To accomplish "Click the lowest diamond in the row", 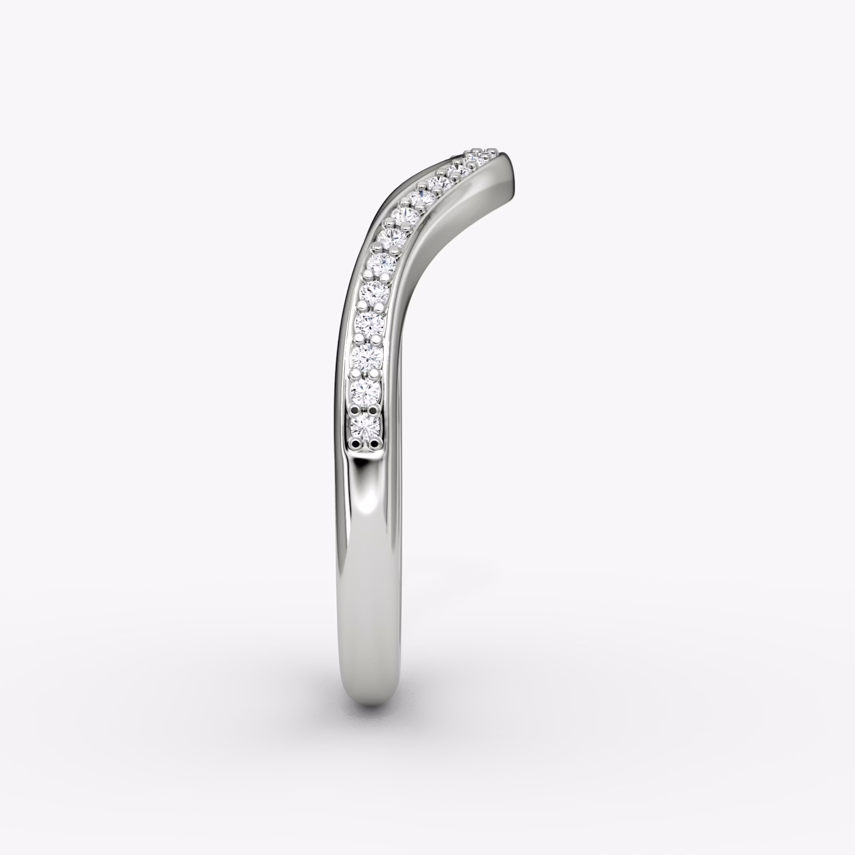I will tap(365, 427).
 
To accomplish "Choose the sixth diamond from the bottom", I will tap(381, 264).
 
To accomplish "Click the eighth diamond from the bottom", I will tap(403, 215).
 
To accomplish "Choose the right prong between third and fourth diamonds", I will tap(377, 340).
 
